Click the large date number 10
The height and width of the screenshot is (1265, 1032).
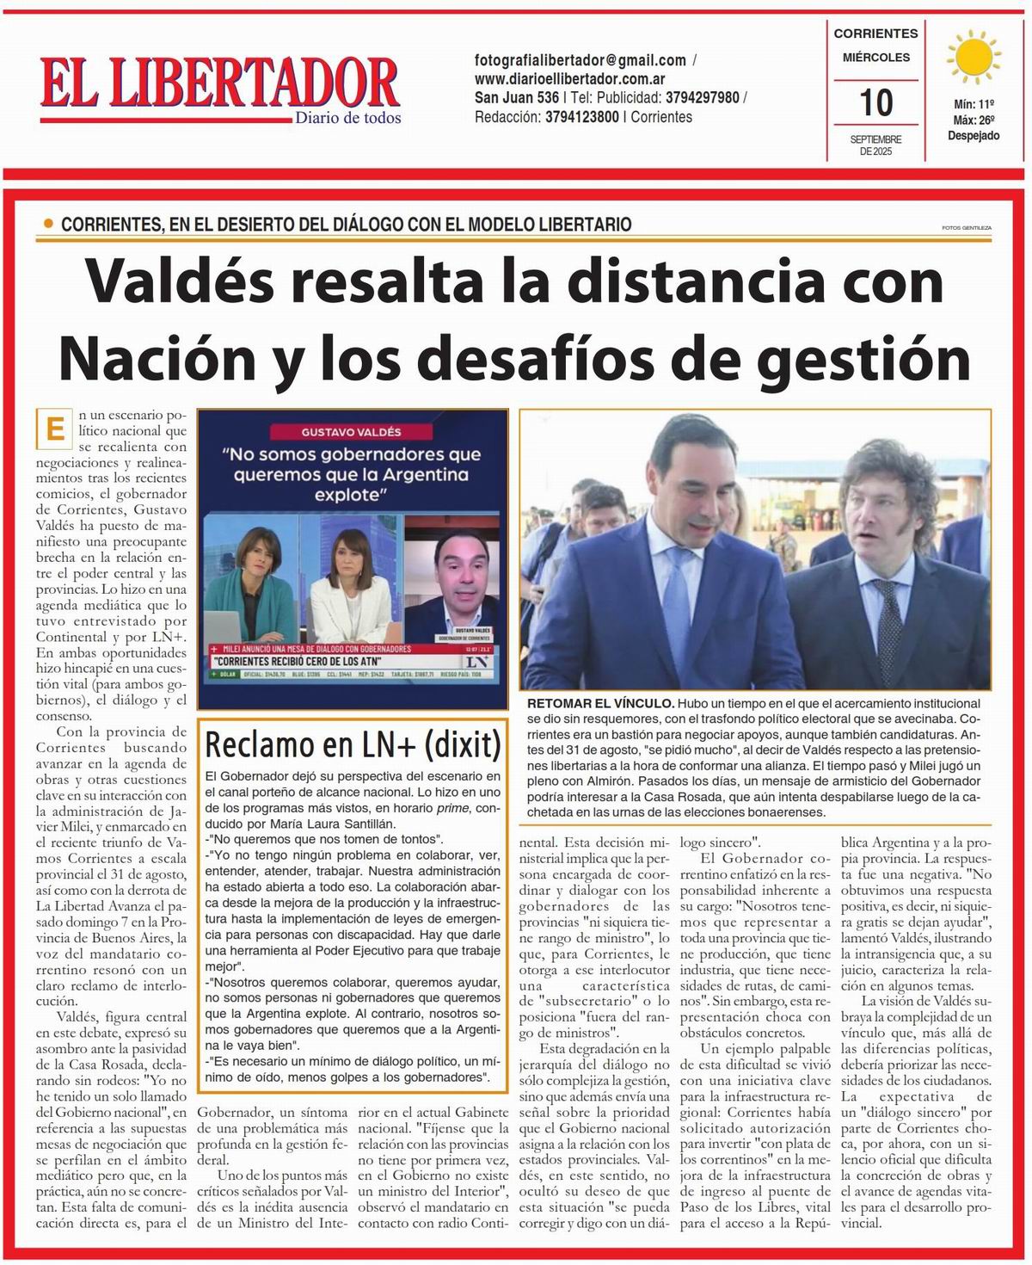pos(875,103)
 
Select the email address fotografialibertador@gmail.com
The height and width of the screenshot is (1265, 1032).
pos(580,60)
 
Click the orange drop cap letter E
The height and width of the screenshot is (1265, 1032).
pos(56,429)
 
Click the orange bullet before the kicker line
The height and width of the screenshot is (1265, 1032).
pos(48,225)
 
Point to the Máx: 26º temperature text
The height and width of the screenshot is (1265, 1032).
pos(974,120)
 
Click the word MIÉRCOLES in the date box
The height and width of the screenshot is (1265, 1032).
pos(875,58)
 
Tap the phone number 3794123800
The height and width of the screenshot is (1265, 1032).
pos(581,117)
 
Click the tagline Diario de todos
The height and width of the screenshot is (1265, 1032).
pos(347,119)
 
